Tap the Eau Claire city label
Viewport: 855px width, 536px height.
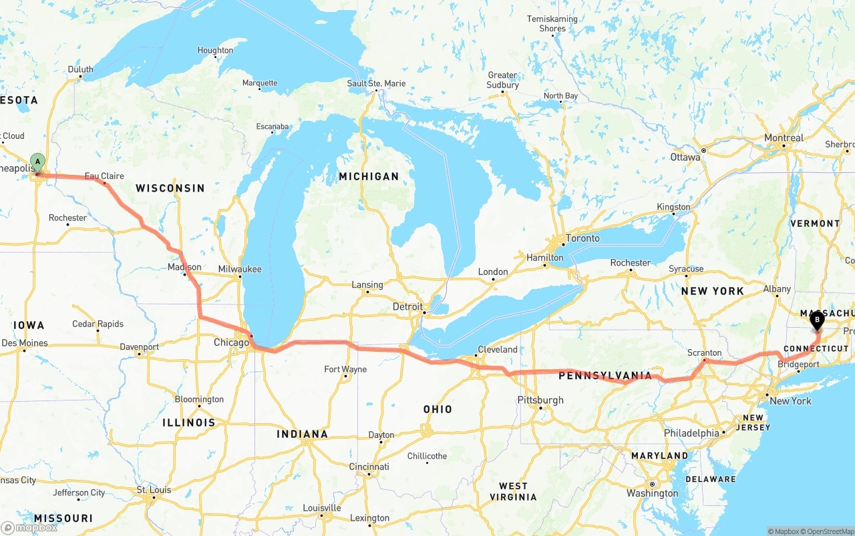(104, 176)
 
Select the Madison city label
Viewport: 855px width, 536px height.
(184, 267)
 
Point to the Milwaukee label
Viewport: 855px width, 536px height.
(240, 269)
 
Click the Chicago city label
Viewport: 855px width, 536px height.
(230, 343)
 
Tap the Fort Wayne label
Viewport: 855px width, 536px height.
(345, 369)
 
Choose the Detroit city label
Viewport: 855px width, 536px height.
(407, 306)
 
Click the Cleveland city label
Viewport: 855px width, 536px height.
(498, 349)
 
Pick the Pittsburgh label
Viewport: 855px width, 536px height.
(540, 400)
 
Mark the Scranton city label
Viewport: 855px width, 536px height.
(705, 352)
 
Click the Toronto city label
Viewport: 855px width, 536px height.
(582, 238)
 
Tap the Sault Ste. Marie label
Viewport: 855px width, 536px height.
(376, 83)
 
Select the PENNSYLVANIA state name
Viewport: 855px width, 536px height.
(605, 376)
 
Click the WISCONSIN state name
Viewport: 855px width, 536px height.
(170, 188)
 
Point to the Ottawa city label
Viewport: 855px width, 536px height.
(685, 158)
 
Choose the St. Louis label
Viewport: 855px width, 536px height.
(154, 490)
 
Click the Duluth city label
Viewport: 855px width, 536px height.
(81, 69)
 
